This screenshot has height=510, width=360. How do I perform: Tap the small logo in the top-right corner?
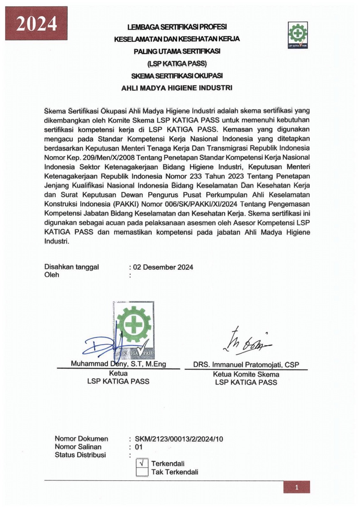298,35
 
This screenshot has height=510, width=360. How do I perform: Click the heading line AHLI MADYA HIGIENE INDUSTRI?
177,88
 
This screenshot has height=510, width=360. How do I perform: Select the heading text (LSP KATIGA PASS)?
177,64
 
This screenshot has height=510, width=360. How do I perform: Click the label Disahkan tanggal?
71,267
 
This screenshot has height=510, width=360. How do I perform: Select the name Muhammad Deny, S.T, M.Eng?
118,364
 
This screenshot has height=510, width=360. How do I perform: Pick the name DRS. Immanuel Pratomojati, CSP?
246,365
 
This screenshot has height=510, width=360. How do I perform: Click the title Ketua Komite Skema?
246,374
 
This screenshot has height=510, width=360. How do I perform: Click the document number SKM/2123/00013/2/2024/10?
179,439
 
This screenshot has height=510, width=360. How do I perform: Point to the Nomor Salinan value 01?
139,447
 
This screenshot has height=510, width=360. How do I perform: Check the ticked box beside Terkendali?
142,463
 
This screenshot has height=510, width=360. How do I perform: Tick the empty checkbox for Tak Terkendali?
142,472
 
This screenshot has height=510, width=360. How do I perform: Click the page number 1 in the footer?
297,487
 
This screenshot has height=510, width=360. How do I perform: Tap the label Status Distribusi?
80,455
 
